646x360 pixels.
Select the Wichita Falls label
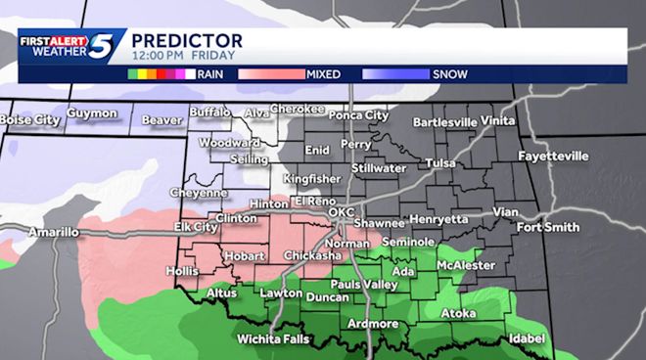click(x=272, y=338)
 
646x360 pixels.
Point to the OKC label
click(x=341, y=211)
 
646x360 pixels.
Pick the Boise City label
click(x=29, y=120)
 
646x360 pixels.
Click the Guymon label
click(x=93, y=113)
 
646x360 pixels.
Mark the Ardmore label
click(x=372, y=324)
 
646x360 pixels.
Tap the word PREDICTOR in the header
click(x=187, y=39)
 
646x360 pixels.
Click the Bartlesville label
click(x=445, y=122)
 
